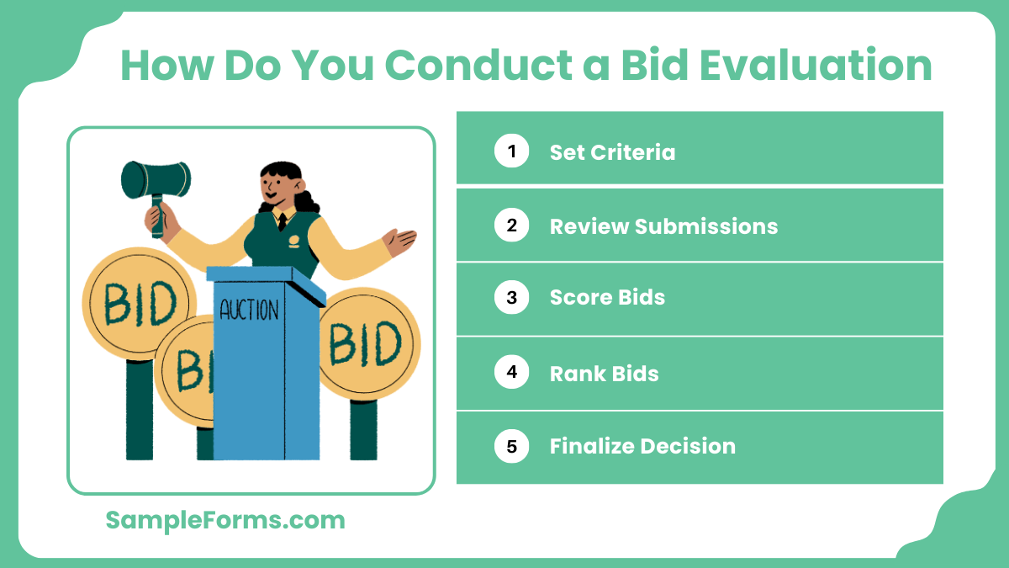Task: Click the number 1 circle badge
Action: coord(511,151)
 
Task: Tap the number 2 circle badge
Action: coord(511,226)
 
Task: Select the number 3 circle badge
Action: coord(511,297)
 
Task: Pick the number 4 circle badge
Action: coord(511,372)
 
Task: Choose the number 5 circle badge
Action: coord(511,446)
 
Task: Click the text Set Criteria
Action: coord(612,152)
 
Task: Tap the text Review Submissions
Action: coord(663,226)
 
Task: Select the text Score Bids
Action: coord(607,298)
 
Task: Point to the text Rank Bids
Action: coord(604,373)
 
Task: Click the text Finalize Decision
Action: coord(642,446)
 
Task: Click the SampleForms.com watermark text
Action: coord(225,520)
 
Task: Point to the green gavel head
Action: coord(156,179)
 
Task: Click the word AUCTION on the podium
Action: coord(249,310)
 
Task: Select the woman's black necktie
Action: coord(283,221)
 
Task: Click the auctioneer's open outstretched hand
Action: coord(401,242)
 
